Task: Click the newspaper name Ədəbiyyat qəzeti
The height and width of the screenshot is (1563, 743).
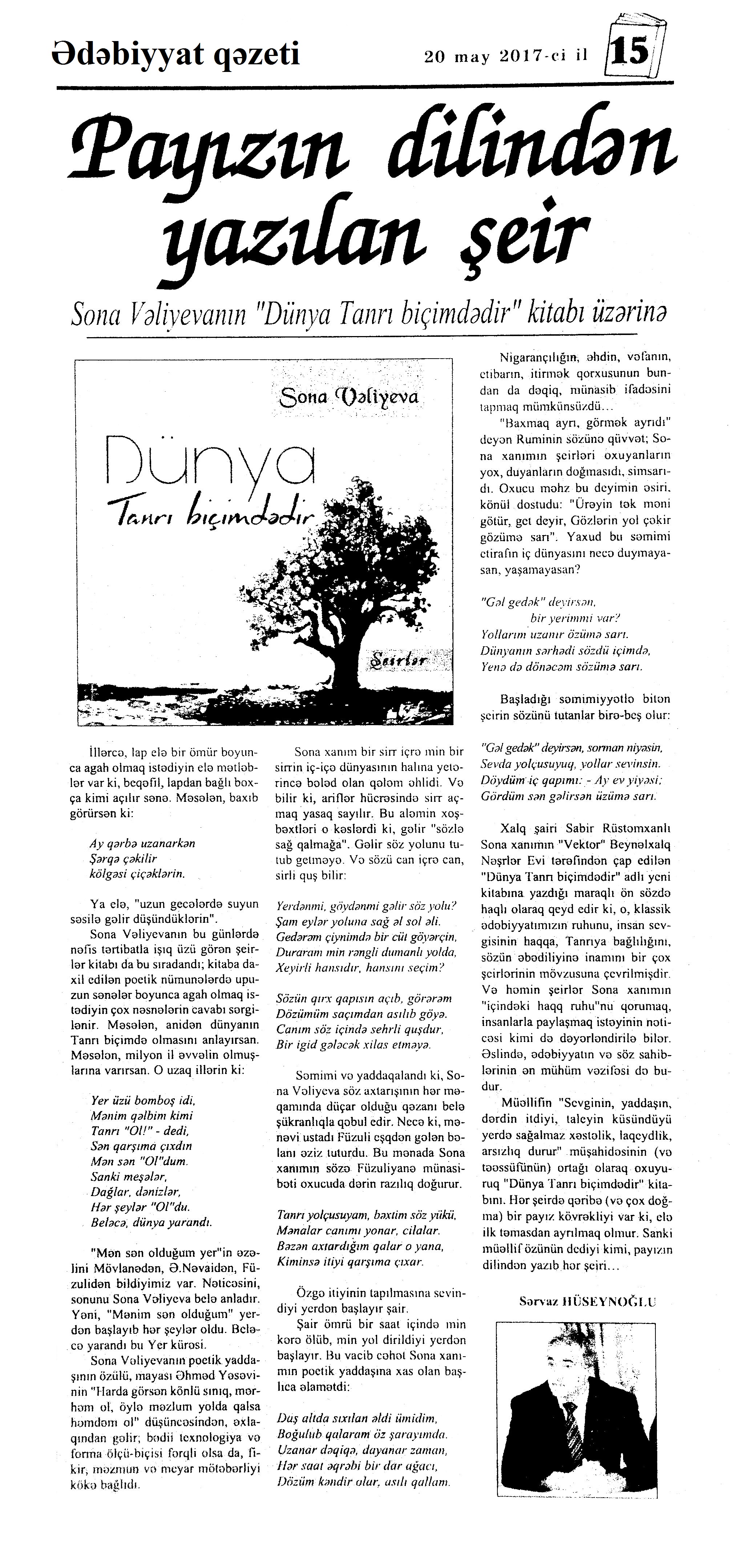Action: (176, 54)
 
